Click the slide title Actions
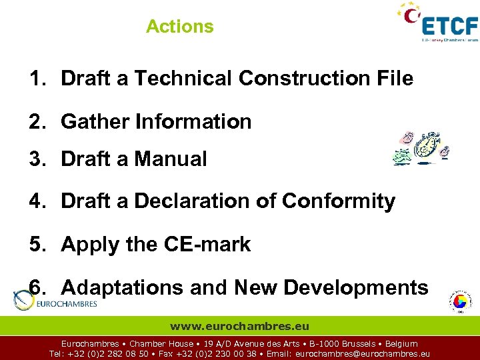[x=180, y=27]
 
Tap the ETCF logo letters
[x=450, y=25]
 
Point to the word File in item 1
[x=394, y=79]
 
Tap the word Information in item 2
[x=193, y=122]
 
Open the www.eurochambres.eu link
[x=240, y=327]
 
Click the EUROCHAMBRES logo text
[x=67, y=304]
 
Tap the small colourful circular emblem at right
[x=459, y=302]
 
